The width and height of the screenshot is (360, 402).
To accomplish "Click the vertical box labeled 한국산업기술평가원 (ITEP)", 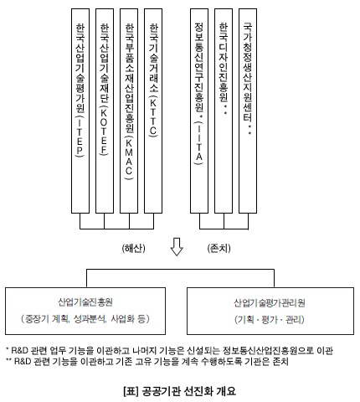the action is coord(80,111).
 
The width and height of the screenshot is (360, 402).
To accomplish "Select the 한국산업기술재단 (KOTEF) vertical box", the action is coord(105,111).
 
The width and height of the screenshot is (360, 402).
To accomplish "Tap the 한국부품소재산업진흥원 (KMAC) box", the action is coord(129,111).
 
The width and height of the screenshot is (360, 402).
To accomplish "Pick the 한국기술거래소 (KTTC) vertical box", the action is coord(153,111).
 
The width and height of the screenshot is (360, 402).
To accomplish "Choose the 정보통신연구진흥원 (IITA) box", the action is coord(199,111).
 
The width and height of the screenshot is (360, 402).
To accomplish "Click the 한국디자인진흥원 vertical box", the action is coord(224,111).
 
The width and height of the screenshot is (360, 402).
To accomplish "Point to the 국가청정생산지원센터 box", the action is coord(248,111).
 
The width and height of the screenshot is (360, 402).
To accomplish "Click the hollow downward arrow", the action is coord(177,247).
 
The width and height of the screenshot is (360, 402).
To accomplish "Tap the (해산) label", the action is coord(134,248).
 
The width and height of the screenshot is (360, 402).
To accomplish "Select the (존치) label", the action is coord(219,248).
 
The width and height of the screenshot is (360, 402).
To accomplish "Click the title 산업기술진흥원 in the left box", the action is coord(85,302).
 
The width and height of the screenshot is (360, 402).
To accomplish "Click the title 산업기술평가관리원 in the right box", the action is coord(270,303).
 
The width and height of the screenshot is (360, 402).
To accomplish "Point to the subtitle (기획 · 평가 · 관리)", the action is coord(270,319).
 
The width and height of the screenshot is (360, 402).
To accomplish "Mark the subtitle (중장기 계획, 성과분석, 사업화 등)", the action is coord(85,318).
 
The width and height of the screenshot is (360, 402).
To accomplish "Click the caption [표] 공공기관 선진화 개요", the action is coord(180,391).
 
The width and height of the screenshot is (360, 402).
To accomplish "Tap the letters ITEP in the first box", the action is coord(80,137).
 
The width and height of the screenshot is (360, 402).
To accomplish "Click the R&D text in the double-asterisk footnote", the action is coord(23,362).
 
